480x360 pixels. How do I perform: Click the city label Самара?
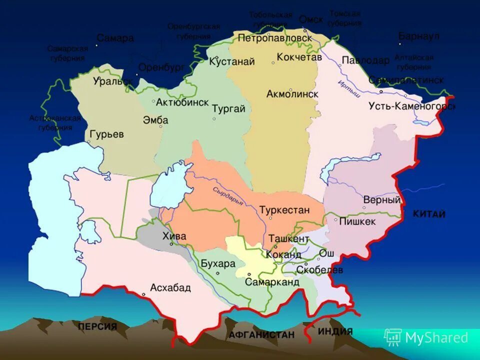[115, 38]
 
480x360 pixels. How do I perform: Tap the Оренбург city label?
[161, 67]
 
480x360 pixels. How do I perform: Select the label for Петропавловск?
[274, 37]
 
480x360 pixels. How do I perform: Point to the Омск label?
[311, 19]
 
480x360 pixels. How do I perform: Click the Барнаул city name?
[418, 36]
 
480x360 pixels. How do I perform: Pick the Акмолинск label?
[292, 94]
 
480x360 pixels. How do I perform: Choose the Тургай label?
[228, 108]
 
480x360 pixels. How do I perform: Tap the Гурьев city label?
[107, 134]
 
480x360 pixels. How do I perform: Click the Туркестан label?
[284, 210]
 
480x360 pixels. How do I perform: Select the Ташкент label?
[289, 239]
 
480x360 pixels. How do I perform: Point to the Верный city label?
[382, 200]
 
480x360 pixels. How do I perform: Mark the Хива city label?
[174, 236]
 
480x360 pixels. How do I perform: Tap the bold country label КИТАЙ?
[428, 214]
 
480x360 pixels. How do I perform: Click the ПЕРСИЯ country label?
[97, 327]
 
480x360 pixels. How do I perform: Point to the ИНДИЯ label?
[335, 331]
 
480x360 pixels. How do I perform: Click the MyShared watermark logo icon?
[392, 337]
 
